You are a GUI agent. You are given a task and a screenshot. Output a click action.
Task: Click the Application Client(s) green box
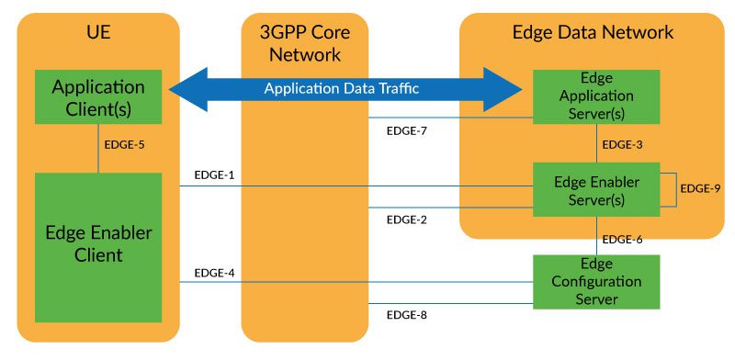click(98, 98)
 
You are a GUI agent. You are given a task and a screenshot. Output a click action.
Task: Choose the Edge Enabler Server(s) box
click(595, 190)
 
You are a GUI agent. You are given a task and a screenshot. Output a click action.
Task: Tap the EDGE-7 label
click(407, 131)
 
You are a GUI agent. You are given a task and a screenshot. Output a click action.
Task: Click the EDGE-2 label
click(407, 219)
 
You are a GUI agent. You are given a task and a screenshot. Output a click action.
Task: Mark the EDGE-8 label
click(407, 315)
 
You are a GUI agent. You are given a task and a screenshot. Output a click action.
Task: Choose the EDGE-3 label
click(622, 145)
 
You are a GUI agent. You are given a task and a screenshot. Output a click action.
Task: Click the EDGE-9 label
click(699, 188)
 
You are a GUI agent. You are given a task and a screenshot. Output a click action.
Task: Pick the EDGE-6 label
click(622, 240)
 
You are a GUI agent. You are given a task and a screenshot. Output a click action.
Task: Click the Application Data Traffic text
click(341, 89)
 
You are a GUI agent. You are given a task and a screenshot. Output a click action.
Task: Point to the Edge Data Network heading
click(593, 32)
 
